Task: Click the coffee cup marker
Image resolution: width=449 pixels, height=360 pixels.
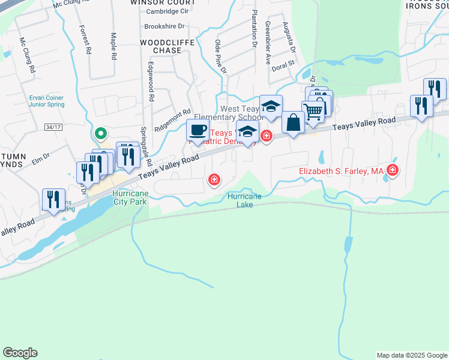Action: tap(198, 130)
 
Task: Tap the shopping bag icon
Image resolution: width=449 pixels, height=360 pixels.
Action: tap(293, 122)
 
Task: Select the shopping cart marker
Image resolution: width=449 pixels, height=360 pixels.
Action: tap(313, 111)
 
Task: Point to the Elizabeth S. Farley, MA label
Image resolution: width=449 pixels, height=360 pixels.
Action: tap(341, 172)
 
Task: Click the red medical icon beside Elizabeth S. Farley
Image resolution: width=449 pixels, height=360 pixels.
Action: tap(393, 171)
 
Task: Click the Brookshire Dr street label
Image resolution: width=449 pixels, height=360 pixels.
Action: tap(163, 27)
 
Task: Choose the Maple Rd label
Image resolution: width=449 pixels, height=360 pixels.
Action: tap(113, 46)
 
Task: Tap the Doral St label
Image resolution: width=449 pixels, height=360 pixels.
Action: tap(285, 63)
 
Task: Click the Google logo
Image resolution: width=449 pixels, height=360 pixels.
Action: tap(20, 353)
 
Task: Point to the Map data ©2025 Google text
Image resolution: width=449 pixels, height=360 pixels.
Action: tap(411, 355)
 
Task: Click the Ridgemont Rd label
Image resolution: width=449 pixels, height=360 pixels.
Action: tap(172, 119)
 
